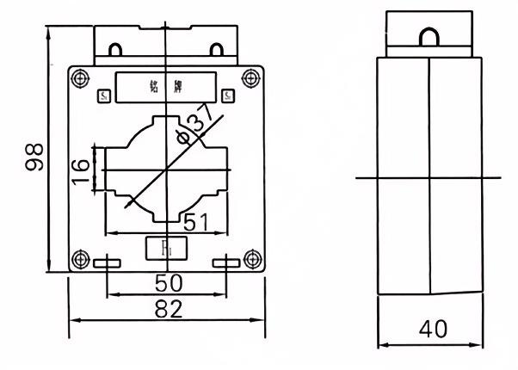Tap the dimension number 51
197,221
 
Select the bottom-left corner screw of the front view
82,256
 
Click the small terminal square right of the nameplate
227,96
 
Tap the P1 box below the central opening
166,248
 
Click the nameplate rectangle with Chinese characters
166,86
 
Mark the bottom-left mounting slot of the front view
107,262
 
